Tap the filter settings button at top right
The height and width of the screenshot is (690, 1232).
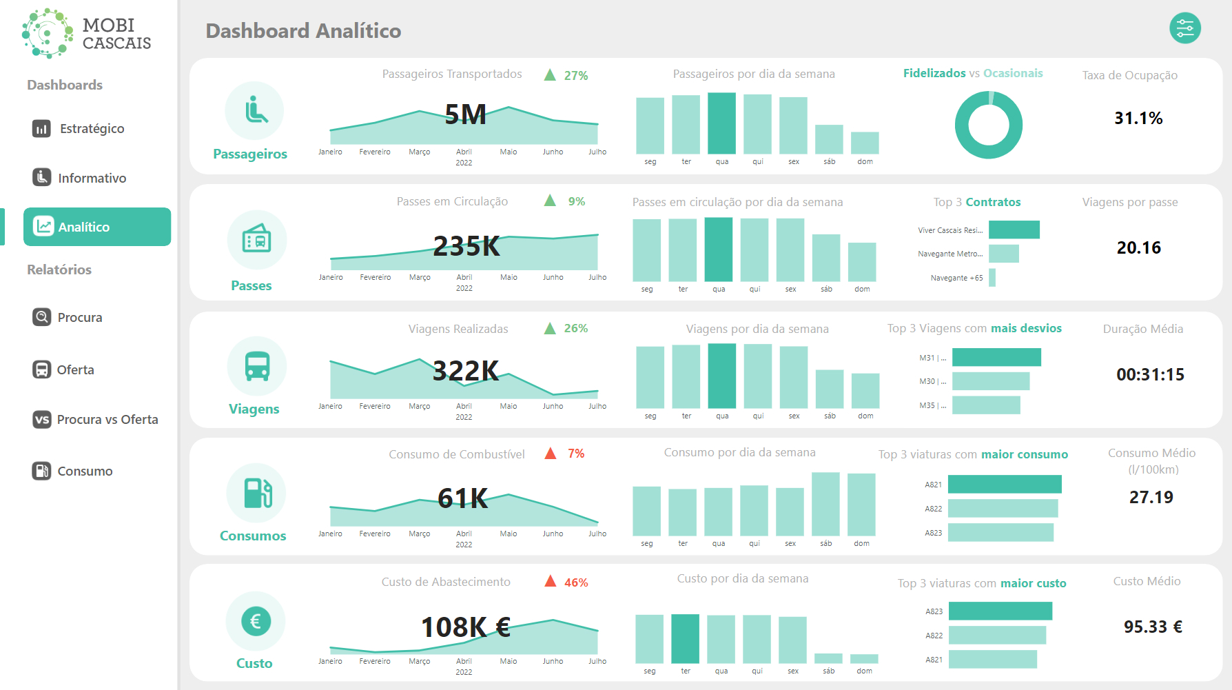pos(1184,28)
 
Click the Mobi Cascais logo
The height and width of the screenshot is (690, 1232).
pos(86,33)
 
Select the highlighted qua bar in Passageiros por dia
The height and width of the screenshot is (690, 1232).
pos(721,123)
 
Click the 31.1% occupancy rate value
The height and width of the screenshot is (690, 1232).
pos(1138,119)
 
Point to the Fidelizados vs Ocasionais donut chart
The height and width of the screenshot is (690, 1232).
pos(988,125)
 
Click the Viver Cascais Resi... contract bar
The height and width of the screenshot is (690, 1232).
pos(1014,230)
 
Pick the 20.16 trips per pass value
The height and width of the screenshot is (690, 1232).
pos(1138,248)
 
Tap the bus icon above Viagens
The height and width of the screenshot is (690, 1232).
pos(257,366)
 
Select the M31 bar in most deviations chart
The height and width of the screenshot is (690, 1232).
pos(996,357)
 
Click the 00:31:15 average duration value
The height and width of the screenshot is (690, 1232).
pos(1150,375)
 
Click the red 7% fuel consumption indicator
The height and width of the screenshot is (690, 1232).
pos(575,454)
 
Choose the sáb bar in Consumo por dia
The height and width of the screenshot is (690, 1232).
pos(825,504)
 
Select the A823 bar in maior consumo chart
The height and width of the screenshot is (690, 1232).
pos(1000,532)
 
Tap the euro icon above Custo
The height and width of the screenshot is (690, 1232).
pos(255,621)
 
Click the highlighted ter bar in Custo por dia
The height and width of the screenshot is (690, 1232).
pos(685,639)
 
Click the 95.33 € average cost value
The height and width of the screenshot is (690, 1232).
pos(1152,627)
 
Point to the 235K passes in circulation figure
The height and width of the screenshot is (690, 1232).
pos(466,247)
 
